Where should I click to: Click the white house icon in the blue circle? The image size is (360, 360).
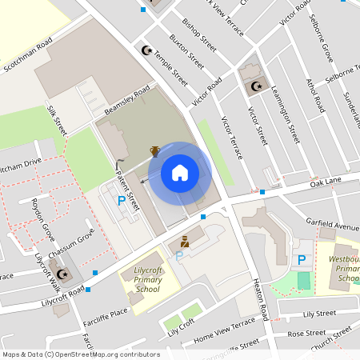(x=180, y=172)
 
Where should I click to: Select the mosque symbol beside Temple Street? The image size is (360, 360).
(x=146, y=50)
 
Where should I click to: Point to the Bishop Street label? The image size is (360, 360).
(x=199, y=31)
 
